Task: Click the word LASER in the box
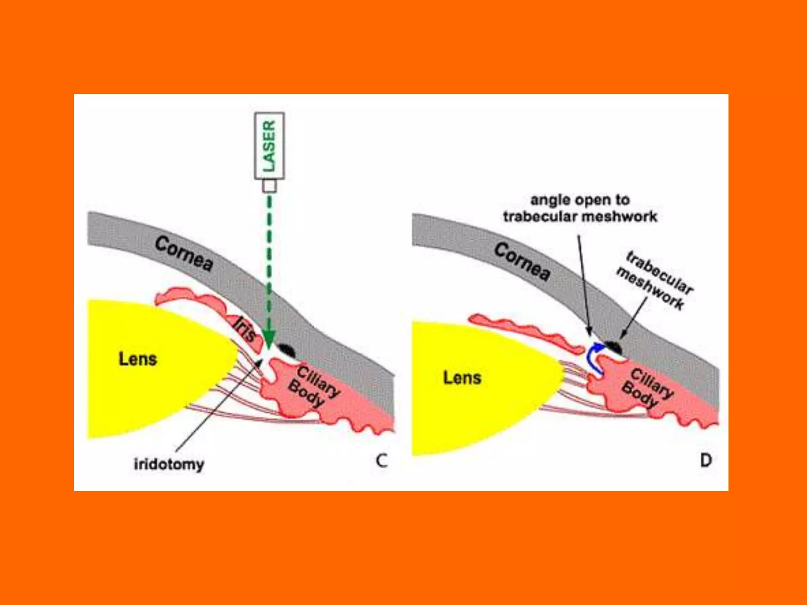coord(269,146)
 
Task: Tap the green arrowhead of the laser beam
coord(269,339)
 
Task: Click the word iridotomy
coord(169,464)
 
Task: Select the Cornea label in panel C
coord(184,254)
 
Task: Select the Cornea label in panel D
coord(522,261)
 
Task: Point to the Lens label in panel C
coord(138,359)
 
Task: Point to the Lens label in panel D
coord(462,377)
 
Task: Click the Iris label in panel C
coord(244,329)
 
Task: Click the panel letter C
coord(381,460)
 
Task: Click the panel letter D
coord(705,460)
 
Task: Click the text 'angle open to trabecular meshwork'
coord(580,208)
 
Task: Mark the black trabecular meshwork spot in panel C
coord(287,350)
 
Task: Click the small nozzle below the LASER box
coord(269,186)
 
